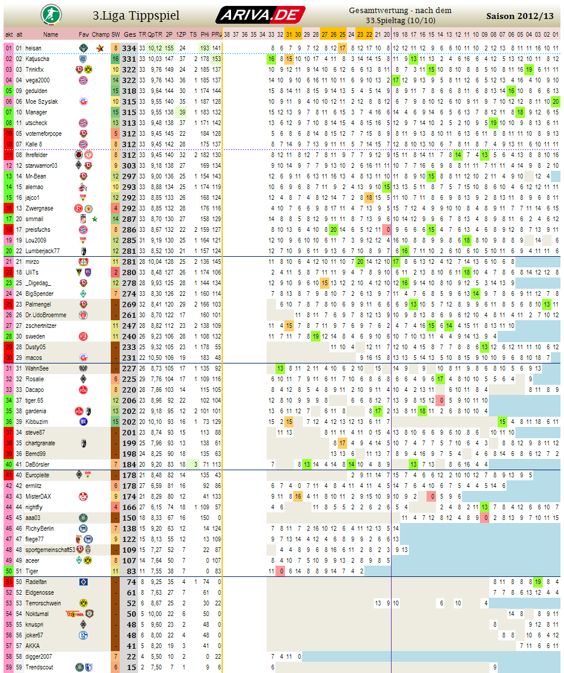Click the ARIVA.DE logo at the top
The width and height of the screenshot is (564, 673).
click(261, 15)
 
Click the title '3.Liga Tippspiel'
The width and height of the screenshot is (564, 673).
click(136, 15)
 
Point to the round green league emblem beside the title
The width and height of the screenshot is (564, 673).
click(49, 14)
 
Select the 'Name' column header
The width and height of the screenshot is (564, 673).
click(51, 34)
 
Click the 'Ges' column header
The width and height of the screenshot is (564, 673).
click(130, 34)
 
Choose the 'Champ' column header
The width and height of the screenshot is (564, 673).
click(101, 34)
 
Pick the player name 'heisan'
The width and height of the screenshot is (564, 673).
click(33, 48)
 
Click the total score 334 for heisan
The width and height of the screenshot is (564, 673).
click(130, 48)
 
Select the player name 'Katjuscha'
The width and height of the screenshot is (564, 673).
click(37, 59)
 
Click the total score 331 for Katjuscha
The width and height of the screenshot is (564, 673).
click(130, 59)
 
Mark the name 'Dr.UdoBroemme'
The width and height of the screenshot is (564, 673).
click(46, 315)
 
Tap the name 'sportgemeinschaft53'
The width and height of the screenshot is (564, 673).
click(50, 550)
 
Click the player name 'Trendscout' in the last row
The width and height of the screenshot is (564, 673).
click(39, 667)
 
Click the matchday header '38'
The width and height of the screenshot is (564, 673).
click(227, 34)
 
